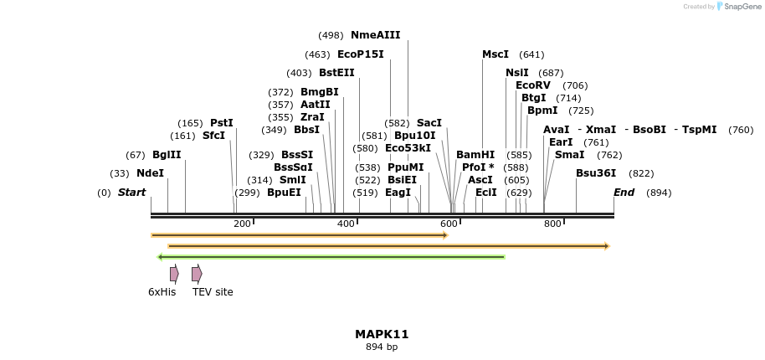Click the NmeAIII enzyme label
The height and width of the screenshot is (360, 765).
[375, 35]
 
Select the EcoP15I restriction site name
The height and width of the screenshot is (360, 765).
[360, 54]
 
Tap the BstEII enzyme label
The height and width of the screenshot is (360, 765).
[336, 73]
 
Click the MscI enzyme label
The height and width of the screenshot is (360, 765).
[495, 54]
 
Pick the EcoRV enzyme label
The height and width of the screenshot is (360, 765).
[532, 85]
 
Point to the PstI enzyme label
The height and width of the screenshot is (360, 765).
[221, 123]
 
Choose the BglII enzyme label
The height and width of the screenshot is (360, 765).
[166, 155]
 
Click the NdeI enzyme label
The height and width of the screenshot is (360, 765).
[150, 173]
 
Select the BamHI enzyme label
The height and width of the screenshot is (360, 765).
[475, 155]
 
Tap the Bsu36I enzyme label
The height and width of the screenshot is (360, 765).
[595, 173]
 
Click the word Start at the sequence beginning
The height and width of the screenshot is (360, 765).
[131, 193]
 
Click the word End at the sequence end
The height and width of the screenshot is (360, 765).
[624, 193]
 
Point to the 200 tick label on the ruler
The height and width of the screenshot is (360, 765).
[242, 224]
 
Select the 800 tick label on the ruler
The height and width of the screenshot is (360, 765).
[552, 224]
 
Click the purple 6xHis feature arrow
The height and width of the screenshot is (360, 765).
[174, 274]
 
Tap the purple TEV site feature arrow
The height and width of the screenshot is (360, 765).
[196, 274]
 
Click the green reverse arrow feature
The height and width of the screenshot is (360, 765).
[331, 257]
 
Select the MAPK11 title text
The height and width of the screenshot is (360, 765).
[382, 334]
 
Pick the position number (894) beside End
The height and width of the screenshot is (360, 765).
[659, 193]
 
